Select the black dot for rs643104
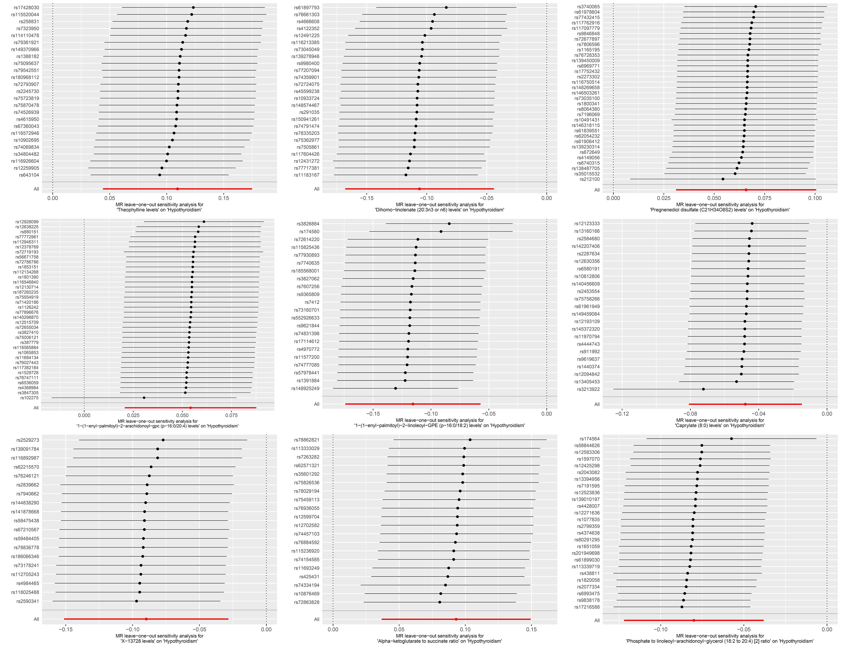(x=160, y=175)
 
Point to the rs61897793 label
(x=306, y=8)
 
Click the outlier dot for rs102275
(x=144, y=398)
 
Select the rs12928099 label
(x=27, y=222)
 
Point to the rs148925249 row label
(x=305, y=389)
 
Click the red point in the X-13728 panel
(x=146, y=619)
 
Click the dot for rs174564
(x=731, y=439)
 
